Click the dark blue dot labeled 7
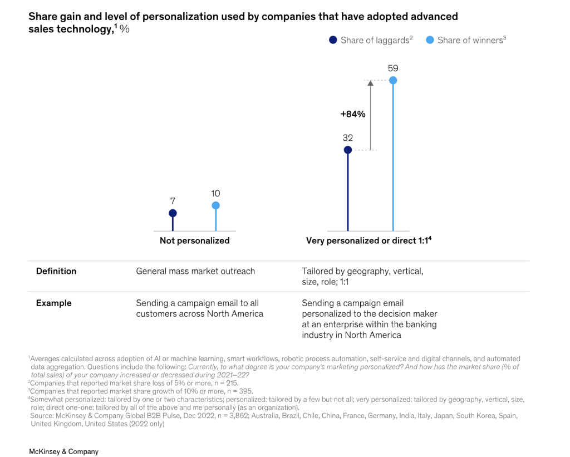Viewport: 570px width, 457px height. (x=173, y=213)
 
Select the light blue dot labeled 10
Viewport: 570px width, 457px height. (x=215, y=205)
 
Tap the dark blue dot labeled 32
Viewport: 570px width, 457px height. (x=348, y=150)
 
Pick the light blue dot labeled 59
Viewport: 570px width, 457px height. (x=393, y=81)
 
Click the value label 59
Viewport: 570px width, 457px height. (x=393, y=68)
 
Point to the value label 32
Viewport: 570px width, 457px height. (x=348, y=137)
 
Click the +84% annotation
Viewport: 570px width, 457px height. (x=353, y=114)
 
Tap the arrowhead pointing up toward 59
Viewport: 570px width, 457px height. (x=370, y=83)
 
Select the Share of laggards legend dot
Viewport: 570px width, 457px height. (x=333, y=40)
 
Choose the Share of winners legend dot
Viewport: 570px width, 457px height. (x=430, y=40)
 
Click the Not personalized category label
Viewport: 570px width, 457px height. (x=194, y=241)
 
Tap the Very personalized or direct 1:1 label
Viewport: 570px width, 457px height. (x=369, y=241)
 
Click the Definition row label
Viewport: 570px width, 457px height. (x=56, y=271)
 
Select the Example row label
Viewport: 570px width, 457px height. (x=54, y=303)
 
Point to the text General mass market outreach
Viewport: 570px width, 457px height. (x=195, y=271)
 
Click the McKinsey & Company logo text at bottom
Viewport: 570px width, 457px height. (x=63, y=451)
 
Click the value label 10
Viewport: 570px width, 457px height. (x=215, y=194)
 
